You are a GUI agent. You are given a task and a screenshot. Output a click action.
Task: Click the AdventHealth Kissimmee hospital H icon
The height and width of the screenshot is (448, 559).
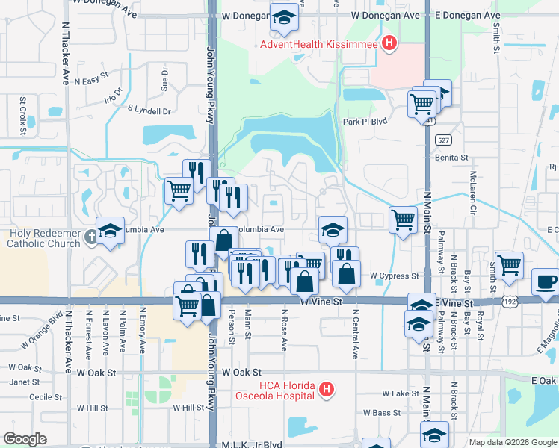[x=389, y=43]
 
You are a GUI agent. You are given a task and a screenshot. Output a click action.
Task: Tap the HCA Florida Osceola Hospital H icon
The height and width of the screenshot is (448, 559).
[x=326, y=389]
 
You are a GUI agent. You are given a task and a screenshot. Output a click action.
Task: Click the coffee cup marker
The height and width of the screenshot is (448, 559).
[x=545, y=283]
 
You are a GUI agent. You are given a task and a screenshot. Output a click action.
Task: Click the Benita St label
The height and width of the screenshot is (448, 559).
[x=451, y=158]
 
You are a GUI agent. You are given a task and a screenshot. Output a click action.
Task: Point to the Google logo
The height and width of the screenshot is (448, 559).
[x=25, y=439]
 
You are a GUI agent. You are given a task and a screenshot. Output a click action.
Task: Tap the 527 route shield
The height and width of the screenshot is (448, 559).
[x=443, y=140]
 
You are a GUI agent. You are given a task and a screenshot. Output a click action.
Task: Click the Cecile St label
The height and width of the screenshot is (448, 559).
[x=24, y=396]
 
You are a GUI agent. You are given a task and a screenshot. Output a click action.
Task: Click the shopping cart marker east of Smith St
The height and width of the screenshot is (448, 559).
[x=509, y=264]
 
